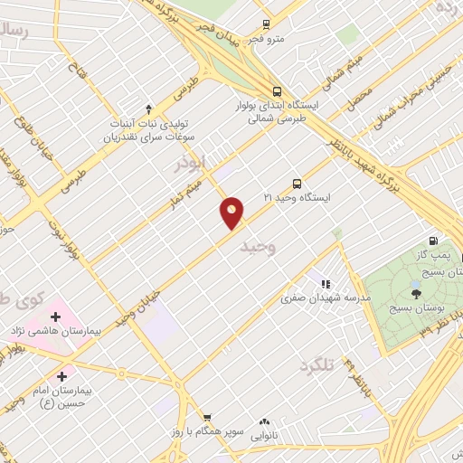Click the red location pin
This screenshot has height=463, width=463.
click(232, 213)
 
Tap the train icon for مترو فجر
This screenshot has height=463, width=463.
click(265, 25)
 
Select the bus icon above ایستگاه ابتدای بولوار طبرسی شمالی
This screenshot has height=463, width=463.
click(277, 90)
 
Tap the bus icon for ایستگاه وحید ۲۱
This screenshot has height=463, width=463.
click(298, 183)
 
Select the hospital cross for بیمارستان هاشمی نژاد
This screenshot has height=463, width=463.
click(56, 317)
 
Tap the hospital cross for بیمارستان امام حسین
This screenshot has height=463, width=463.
click(62, 376)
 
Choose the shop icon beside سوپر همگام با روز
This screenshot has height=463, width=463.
click(207, 418)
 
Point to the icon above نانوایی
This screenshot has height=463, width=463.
click(265, 421)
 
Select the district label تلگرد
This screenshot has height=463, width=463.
click(317, 365)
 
